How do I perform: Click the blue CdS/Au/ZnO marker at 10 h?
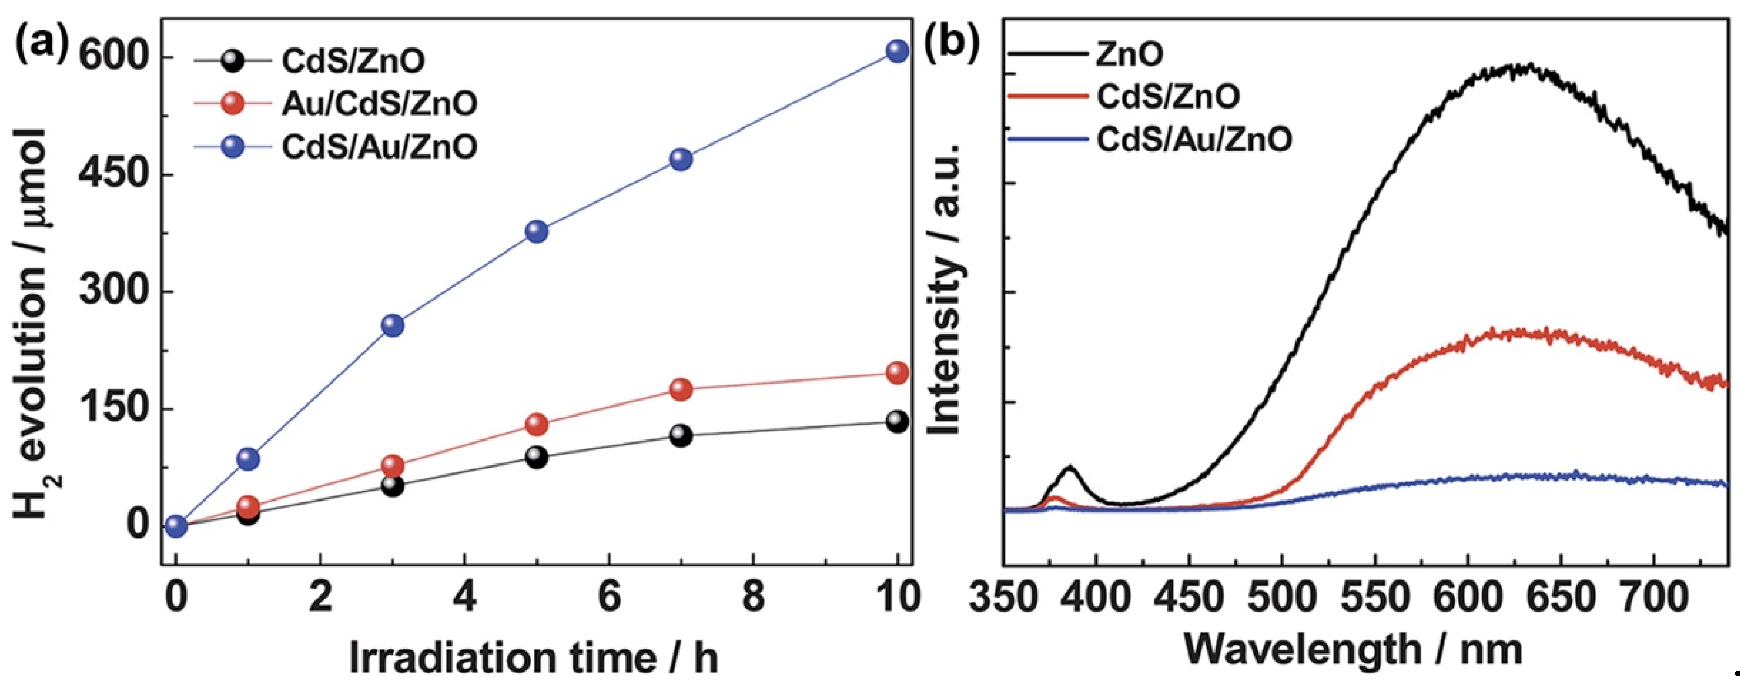tap(897, 51)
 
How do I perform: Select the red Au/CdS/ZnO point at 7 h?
tap(681, 389)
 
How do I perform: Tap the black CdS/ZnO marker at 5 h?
tap(536, 457)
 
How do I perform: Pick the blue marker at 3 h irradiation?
tap(392, 325)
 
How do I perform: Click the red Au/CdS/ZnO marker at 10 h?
tap(897, 372)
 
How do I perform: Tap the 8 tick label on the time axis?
tap(753, 598)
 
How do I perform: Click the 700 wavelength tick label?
tap(1653, 598)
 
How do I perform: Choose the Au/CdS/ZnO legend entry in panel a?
tap(379, 103)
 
